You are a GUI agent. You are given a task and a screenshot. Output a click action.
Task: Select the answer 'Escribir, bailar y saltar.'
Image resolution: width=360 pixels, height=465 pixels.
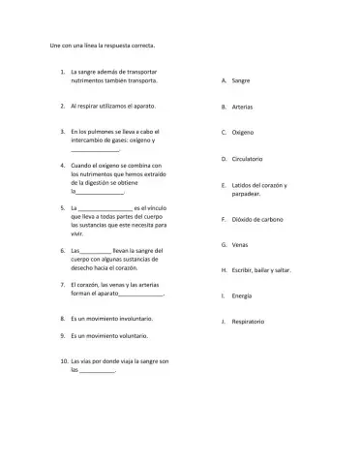pyautogui.click(x=262, y=269)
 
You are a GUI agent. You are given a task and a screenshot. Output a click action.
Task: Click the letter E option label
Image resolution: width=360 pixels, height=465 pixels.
pyautogui.click(x=225, y=185)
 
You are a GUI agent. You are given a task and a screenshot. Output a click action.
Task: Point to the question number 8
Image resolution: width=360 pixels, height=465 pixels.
pyautogui.click(x=62, y=317)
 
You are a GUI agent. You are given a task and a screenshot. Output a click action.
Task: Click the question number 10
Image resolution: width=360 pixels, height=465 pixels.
pyautogui.click(x=64, y=360)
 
